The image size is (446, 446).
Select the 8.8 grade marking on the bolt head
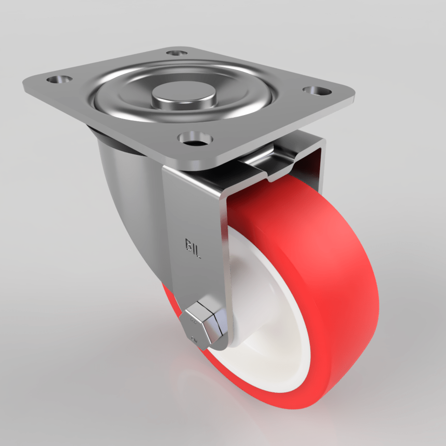click(194, 320)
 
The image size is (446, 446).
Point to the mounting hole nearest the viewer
click(194, 139)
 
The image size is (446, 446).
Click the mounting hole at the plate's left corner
click(59, 80)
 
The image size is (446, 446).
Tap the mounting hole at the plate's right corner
click(317, 91)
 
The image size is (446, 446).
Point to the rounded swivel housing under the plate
click(125, 187)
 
